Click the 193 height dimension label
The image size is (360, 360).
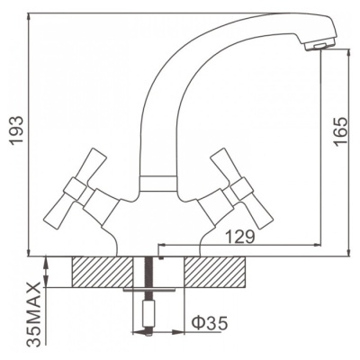pos(16,130)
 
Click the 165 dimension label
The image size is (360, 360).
pos(341,130)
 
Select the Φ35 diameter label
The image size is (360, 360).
pos(210,323)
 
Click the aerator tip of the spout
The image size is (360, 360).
pos(319,45)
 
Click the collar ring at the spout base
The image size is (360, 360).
pos(157,184)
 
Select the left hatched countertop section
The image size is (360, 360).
pos(103,272)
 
